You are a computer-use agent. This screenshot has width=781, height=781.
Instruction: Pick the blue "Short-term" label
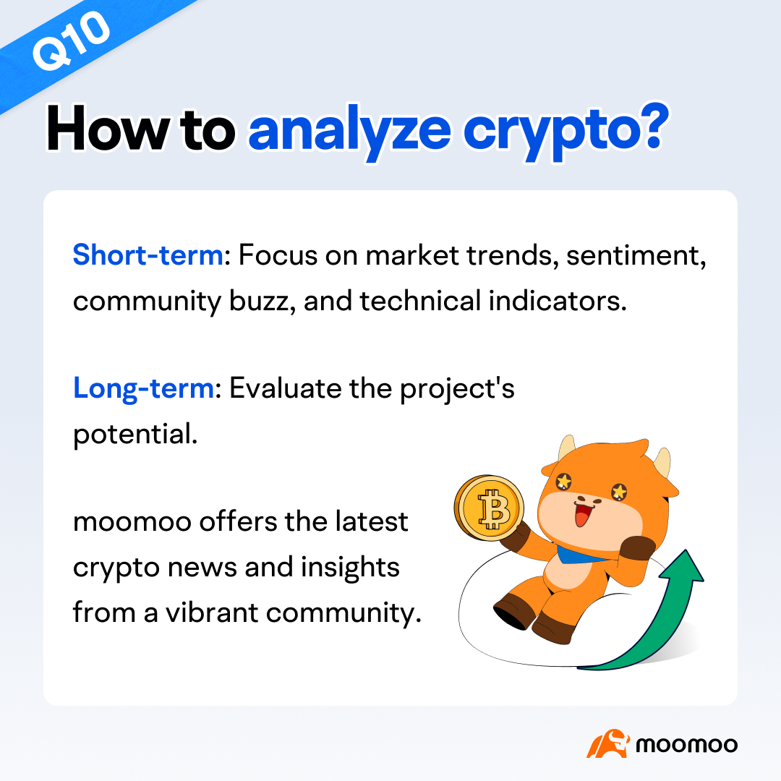click(148, 255)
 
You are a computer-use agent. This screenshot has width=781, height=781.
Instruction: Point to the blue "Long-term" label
click(143, 388)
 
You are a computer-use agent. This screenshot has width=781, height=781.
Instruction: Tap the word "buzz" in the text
click(257, 302)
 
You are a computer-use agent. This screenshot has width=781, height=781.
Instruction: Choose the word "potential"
click(135, 435)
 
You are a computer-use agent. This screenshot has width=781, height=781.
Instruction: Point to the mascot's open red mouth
click(581, 517)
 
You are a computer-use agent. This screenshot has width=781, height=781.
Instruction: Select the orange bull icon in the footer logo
click(606, 743)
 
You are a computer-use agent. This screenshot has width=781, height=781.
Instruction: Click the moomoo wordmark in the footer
click(686, 744)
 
